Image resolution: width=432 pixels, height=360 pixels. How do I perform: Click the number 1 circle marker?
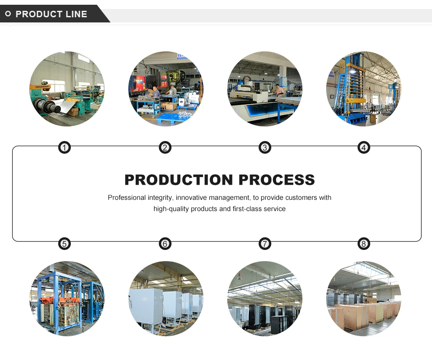pos(64,148)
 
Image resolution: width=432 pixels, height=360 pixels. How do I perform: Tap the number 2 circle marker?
pos(165,148)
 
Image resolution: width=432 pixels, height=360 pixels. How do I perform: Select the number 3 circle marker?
pos(265,148)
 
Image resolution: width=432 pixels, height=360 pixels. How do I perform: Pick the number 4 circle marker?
pos(364,148)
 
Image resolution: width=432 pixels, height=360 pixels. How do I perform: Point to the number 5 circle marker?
pos(64,244)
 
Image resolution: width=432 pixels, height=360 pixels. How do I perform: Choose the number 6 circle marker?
pos(165,244)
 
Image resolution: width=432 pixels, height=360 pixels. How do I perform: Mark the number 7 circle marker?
pos(265,244)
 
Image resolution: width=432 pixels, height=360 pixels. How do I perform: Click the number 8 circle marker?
pos(364,244)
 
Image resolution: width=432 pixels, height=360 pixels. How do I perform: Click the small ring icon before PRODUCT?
pos(8,14)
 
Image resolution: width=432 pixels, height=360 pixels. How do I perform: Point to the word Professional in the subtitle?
pos(127,198)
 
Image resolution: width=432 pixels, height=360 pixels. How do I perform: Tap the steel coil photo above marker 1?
pos(67,89)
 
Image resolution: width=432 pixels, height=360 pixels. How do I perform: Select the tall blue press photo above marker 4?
pos(363,89)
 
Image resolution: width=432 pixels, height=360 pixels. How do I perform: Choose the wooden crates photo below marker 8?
pos(363,298)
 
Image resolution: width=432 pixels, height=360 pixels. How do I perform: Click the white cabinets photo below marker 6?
pos(165,298)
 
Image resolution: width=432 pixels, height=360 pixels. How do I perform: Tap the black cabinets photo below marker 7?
pos(265,298)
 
